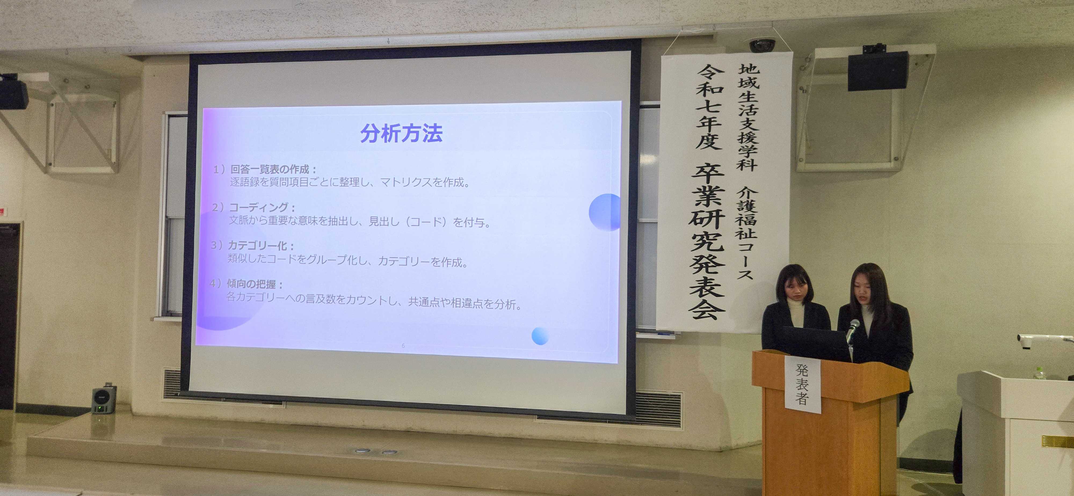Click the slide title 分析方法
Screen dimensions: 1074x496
pos(401,133)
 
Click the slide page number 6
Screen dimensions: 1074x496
pos(403,345)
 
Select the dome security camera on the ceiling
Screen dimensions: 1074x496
pos(762,45)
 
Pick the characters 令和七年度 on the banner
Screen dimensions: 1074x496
pos(709,107)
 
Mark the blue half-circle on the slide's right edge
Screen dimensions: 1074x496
pos(605,212)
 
